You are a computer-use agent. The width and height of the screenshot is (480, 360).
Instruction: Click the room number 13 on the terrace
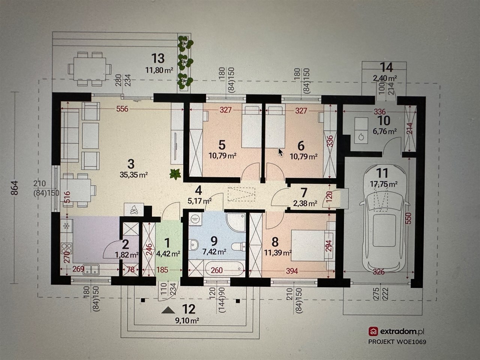(x=158, y=58)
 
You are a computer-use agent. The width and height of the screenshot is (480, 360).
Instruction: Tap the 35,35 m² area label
(x=134, y=175)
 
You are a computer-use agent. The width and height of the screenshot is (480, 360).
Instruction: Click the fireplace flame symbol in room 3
(x=133, y=210)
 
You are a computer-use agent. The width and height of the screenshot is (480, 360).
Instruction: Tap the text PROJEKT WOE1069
(x=397, y=342)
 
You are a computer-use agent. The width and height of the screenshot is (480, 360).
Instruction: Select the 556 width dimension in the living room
(x=122, y=109)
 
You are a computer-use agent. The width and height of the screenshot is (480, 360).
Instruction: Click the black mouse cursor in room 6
(x=280, y=152)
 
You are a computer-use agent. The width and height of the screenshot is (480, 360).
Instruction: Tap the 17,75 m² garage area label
(x=384, y=184)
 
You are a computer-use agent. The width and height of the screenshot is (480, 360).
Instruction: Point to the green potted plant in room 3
(x=175, y=174)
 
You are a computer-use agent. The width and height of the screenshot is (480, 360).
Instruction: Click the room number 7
(x=304, y=192)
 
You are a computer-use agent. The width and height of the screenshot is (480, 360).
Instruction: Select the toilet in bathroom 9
(x=238, y=246)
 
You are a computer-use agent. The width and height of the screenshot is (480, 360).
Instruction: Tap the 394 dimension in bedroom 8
(x=292, y=271)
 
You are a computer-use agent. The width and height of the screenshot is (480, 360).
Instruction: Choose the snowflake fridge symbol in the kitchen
(x=66, y=226)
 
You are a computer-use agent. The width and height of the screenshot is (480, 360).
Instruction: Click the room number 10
(x=384, y=120)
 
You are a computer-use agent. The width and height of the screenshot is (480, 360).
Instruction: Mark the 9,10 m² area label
(x=187, y=320)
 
